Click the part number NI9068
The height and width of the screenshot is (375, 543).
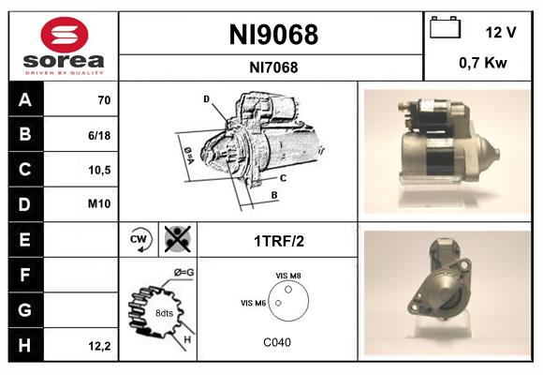pos(273,36)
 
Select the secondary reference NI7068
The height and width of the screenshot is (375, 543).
pos(273,67)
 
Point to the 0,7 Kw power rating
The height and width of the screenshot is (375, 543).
pos(484,65)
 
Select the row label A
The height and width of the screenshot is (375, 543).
pos(25,98)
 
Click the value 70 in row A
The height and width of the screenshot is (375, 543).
pos(103,99)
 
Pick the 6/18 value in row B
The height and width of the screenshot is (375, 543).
pos(100,134)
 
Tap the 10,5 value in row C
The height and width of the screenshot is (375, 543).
pos(100,169)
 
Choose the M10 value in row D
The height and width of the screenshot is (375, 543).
pos(100,203)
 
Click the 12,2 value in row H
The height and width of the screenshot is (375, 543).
pos(100,346)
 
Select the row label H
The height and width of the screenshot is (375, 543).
pos(25,345)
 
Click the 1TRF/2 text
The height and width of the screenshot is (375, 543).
pos(278,240)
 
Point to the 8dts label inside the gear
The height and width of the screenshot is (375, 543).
pos(163,312)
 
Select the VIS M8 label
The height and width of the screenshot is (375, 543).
pos(288,275)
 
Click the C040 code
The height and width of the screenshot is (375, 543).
pos(277,342)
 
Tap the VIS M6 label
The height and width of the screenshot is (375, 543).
pos(254,302)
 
